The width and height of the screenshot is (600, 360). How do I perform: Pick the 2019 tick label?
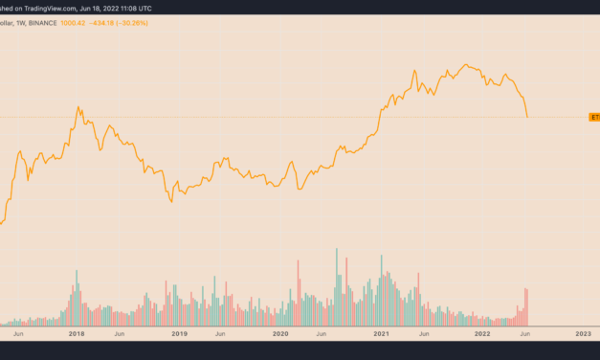click(179, 333)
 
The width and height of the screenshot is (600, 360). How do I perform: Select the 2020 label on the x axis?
click(279, 333)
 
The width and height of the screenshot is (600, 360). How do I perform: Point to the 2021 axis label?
click(381, 333)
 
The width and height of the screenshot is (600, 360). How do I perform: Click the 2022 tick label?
click(481, 333)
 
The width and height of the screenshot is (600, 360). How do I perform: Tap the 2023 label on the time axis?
click(583, 333)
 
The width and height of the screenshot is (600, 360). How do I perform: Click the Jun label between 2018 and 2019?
click(120, 333)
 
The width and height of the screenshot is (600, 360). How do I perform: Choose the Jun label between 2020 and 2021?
click(322, 333)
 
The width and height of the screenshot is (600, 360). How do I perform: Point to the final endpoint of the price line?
click(527, 117)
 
